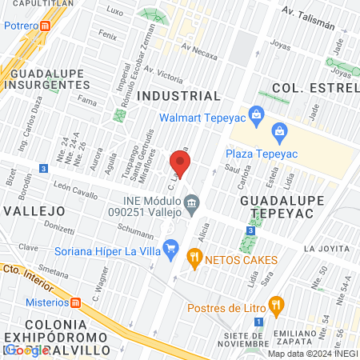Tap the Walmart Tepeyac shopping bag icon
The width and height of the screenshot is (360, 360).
click(256, 114)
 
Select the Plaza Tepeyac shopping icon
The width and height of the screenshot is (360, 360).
click(279, 130)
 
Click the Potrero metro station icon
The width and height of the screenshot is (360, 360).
click(46, 26)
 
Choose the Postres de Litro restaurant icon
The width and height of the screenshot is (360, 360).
click(277, 303)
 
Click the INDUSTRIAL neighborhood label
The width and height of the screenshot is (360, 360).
click(179, 95)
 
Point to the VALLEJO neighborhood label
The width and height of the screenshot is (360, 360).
click(34, 210)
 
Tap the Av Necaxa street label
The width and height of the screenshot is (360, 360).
click(200, 50)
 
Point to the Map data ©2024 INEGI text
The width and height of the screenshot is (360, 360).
click(312, 354)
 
